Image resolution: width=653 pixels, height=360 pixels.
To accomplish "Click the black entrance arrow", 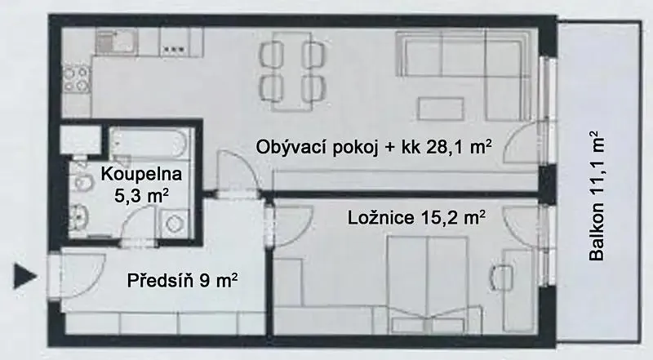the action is [x=24, y=276].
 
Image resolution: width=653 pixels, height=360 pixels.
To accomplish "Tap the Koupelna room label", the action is [x=141, y=174].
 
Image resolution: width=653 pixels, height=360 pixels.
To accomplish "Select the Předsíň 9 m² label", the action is [x=182, y=280].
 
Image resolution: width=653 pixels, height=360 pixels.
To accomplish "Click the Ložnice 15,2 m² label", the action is [x=416, y=217].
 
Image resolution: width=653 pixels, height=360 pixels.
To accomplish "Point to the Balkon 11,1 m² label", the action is [x=596, y=196].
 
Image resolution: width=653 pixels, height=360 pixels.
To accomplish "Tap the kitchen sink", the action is [x=114, y=42].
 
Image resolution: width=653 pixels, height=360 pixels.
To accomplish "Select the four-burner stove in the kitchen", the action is [x=77, y=79].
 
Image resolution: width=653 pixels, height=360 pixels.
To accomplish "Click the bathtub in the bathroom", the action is [x=146, y=143].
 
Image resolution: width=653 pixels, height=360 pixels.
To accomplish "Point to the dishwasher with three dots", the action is [x=175, y=42].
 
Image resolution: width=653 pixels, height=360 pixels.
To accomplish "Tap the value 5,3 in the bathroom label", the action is [x=127, y=195].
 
